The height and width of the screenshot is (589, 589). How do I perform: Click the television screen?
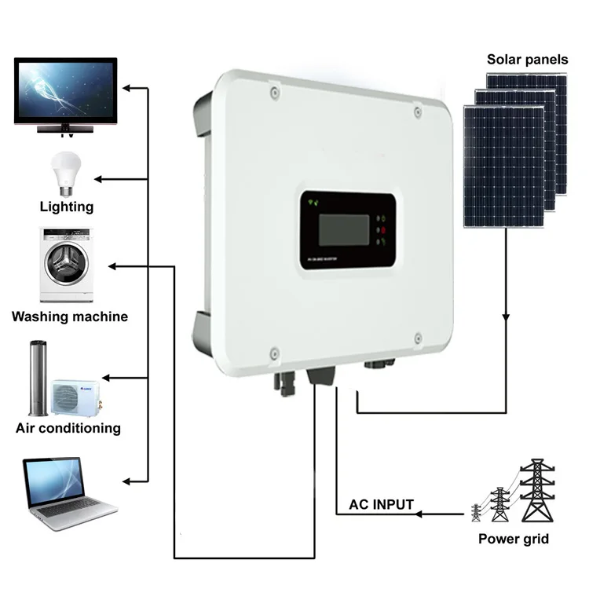(x=66, y=90)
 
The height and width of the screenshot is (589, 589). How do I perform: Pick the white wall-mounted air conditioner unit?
(x=75, y=397)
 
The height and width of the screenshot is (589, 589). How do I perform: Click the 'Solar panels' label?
(x=525, y=59)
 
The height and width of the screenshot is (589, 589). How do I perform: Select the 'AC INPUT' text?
(x=382, y=504)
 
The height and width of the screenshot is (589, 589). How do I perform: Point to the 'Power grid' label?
(x=514, y=540)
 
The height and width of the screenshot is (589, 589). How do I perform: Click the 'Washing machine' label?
(x=70, y=316)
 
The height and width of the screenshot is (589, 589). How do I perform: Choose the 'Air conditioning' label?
(x=68, y=429)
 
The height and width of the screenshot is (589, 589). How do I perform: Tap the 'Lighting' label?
(x=67, y=207)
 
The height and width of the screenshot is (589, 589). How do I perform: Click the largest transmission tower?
(x=537, y=491)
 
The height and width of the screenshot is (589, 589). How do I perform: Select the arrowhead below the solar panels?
(x=505, y=318)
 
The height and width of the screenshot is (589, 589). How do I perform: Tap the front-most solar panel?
(x=503, y=166)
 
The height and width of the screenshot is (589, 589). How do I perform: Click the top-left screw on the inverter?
(x=273, y=93)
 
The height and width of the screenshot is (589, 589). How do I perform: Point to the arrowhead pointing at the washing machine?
(x=113, y=267)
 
